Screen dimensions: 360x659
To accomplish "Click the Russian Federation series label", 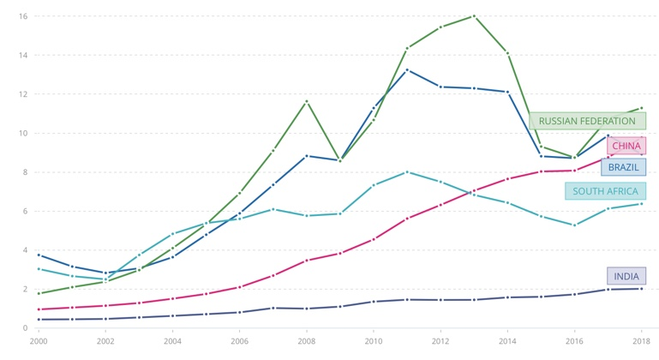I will pyautogui.click(x=587, y=121).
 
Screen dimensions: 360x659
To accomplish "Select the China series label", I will pyautogui.click(x=626, y=146).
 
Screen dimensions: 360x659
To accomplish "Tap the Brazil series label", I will pyautogui.click(x=623, y=167).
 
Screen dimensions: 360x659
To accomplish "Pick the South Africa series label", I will pyautogui.click(x=605, y=191).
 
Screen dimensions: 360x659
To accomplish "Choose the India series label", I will pyautogui.click(x=626, y=276).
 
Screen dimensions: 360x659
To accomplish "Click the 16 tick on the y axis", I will pyautogui.click(x=23, y=16).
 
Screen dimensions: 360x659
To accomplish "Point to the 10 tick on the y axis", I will pyautogui.click(x=23, y=133).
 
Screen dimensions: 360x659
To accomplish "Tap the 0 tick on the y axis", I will pyautogui.click(x=26, y=327).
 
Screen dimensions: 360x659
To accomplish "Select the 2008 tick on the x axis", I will pyautogui.click(x=307, y=340).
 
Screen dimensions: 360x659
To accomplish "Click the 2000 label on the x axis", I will pyautogui.click(x=39, y=340).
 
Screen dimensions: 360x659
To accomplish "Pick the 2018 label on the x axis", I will pyautogui.click(x=641, y=340).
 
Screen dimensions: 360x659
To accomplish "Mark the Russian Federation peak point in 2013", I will pyautogui.click(x=474, y=16).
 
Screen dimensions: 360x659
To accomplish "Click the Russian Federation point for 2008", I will pyautogui.click(x=307, y=102).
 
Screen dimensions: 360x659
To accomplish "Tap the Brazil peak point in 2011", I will pyautogui.click(x=407, y=69).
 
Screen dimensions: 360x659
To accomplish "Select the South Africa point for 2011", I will pyautogui.click(x=407, y=172).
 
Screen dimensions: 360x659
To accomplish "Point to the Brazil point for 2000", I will pyautogui.click(x=39, y=255).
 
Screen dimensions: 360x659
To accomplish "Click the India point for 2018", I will pyautogui.click(x=641, y=289).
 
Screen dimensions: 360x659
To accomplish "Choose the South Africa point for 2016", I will pyautogui.click(x=574, y=225).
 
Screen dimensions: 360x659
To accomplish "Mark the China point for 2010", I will pyautogui.click(x=374, y=239).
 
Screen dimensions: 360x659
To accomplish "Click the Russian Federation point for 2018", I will pyautogui.click(x=641, y=108).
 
